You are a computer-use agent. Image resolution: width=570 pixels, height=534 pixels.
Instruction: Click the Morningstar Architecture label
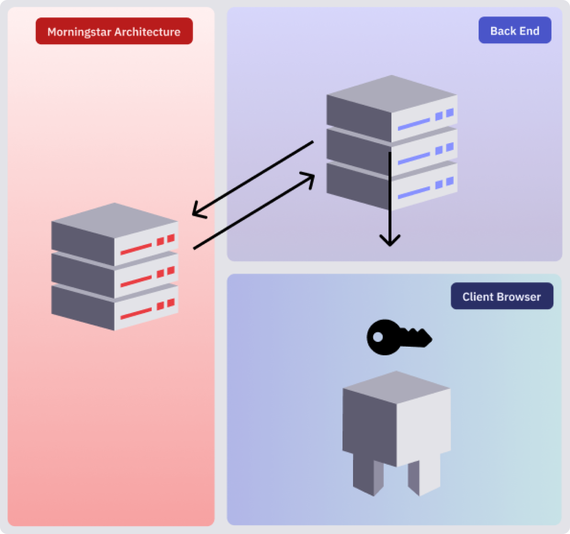pos(114,31)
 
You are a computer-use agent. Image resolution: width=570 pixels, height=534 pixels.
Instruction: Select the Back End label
pos(515,30)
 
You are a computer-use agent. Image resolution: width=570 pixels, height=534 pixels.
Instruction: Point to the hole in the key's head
pos(378,337)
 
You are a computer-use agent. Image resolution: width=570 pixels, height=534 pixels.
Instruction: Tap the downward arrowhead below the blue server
pos(390,241)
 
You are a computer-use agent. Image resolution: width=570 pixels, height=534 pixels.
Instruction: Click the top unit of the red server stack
pos(114,234)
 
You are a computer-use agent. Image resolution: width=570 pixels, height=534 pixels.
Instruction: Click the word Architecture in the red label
pos(147,32)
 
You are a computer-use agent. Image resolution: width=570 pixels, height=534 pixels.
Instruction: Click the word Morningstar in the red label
pos(80,32)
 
